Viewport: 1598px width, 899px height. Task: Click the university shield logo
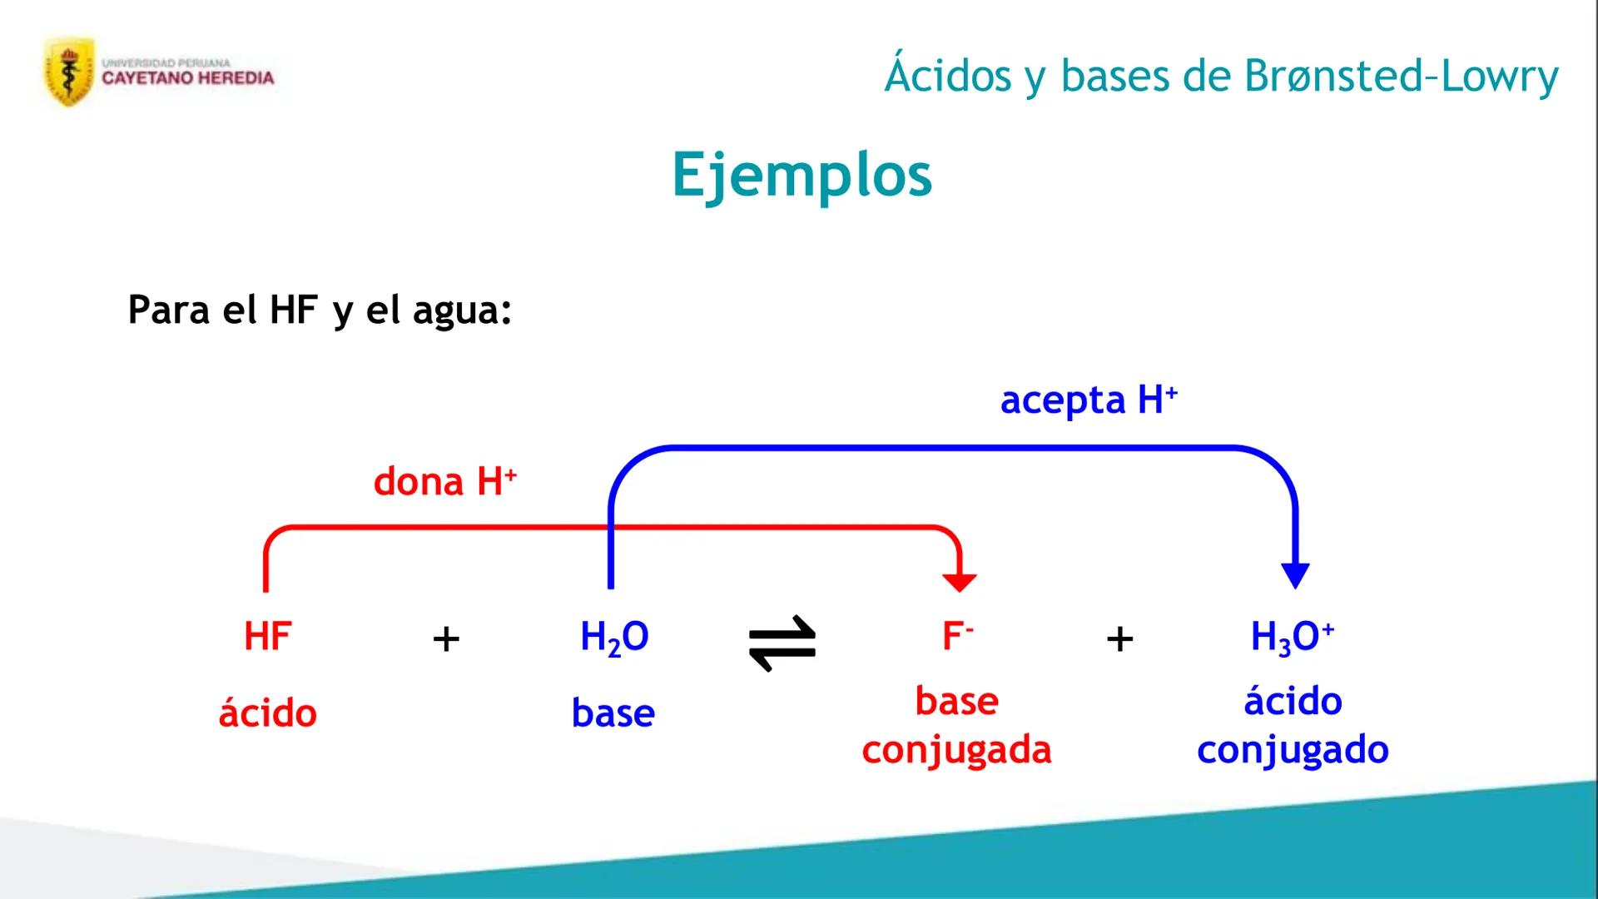pos(69,73)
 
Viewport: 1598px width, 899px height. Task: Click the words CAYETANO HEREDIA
pos(188,78)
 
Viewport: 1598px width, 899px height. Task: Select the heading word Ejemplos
pos(801,176)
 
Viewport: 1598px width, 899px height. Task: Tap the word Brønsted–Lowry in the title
pos(1401,77)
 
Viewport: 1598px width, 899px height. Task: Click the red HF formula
pos(267,637)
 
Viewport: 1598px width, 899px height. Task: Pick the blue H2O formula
pos(614,638)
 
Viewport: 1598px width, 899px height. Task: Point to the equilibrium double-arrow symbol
pos(782,643)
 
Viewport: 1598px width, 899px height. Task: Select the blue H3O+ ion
pos(1292,638)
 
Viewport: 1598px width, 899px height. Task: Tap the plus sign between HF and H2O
pos(446,639)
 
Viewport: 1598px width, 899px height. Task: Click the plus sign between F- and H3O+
pos(1119,639)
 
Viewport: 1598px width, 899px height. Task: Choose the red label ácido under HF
pos(267,713)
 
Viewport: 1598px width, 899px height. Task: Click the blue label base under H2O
pos(613,713)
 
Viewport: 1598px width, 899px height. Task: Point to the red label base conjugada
pos(957,725)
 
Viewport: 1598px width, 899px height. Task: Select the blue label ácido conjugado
pos(1293,725)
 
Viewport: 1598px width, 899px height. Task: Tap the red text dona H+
pos(445,482)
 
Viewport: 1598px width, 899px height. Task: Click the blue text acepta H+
pos(1089,400)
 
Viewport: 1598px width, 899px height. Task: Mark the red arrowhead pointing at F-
pos(959,582)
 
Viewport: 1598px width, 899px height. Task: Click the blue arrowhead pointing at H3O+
pos(1295,575)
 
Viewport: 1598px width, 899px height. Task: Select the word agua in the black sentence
pos(462,310)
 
